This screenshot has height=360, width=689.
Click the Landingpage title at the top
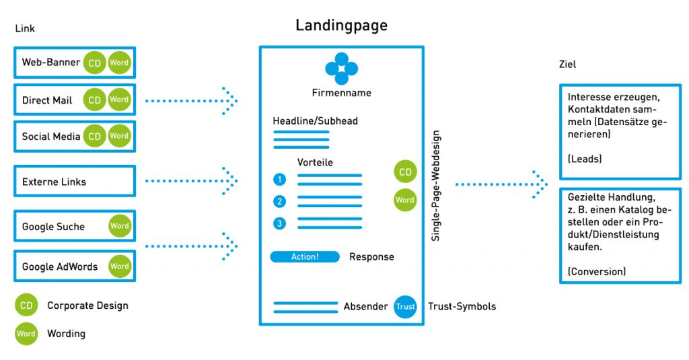341,26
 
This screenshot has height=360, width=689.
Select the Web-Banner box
75,63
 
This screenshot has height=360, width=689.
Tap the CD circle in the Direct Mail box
95,100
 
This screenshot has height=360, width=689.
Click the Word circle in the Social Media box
119,136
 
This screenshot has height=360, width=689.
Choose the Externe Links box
75,182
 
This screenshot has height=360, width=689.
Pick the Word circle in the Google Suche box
119,226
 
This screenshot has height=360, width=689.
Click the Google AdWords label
60,266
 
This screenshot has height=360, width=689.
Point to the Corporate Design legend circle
26,305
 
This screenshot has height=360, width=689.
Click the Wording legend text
66,334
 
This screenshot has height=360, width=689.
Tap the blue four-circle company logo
341,69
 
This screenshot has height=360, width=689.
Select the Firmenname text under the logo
341,93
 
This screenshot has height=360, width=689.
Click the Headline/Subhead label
315,121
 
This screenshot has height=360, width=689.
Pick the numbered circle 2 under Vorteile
280,201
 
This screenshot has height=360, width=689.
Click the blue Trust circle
405,307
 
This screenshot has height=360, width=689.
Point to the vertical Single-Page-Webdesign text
436,186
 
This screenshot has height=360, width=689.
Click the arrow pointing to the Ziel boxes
501,184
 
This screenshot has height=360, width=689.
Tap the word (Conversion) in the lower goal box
596,272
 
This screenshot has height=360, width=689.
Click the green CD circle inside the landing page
405,172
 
